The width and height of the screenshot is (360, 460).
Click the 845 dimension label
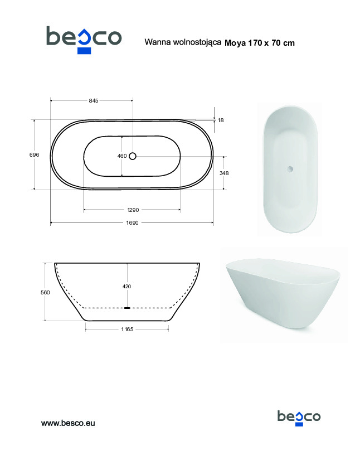click(94, 100)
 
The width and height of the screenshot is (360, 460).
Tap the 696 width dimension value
click(34, 154)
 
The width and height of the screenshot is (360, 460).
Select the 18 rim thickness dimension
click(221, 120)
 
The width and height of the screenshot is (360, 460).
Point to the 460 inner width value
click(122, 156)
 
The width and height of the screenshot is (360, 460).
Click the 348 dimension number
click(224, 173)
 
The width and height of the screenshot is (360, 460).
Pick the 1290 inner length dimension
click(133, 210)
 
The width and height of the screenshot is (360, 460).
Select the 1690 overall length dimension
click(132, 222)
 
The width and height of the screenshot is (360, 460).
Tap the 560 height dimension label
click(45, 293)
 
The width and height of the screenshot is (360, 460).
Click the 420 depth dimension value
click(127, 287)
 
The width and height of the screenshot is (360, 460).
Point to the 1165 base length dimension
click(127, 329)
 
